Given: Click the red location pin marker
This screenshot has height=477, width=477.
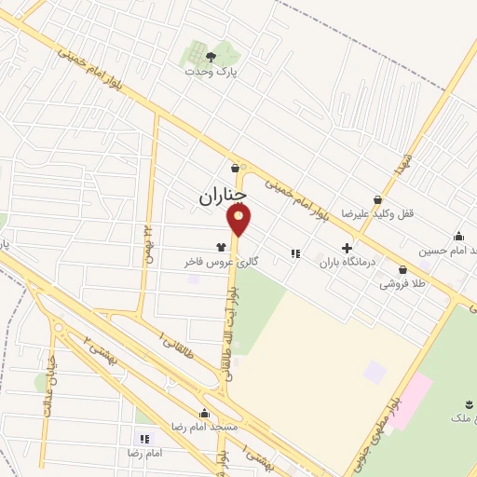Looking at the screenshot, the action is click(x=239, y=219).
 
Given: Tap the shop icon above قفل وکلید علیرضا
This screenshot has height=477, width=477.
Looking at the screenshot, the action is click(x=376, y=198).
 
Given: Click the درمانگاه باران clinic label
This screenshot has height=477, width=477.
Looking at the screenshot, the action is click(x=347, y=263).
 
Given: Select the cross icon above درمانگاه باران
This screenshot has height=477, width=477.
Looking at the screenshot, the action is click(x=347, y=249).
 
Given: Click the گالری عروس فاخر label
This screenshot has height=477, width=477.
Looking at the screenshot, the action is click(x=219, y=263).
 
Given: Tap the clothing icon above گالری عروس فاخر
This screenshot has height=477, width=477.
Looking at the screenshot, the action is click(x=221, y=248).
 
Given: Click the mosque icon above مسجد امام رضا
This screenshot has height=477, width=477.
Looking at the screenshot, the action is click(x=204, y=412).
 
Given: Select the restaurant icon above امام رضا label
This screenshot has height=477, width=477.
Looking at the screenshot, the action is click(x=144, y=438).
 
